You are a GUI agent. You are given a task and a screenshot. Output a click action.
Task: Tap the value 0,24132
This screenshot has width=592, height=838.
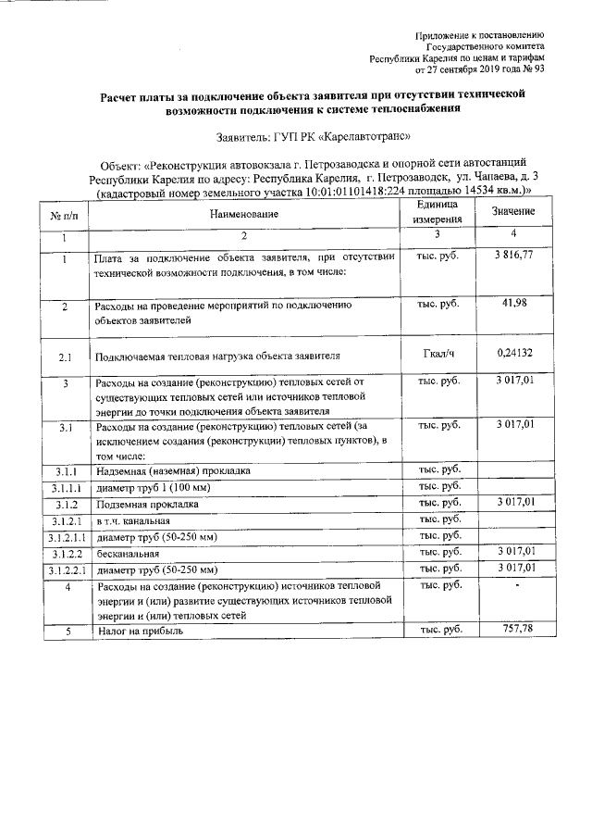[x=518, y=353]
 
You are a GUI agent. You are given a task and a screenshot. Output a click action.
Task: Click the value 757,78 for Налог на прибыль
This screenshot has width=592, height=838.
[x=518, y=630]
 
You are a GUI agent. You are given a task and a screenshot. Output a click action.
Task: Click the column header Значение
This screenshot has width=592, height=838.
[x=518, y=212]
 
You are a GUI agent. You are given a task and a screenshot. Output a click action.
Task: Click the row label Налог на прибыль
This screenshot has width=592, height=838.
[x=140, y=631]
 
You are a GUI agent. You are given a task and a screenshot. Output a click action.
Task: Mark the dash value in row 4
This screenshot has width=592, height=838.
[x=518, y=585]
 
